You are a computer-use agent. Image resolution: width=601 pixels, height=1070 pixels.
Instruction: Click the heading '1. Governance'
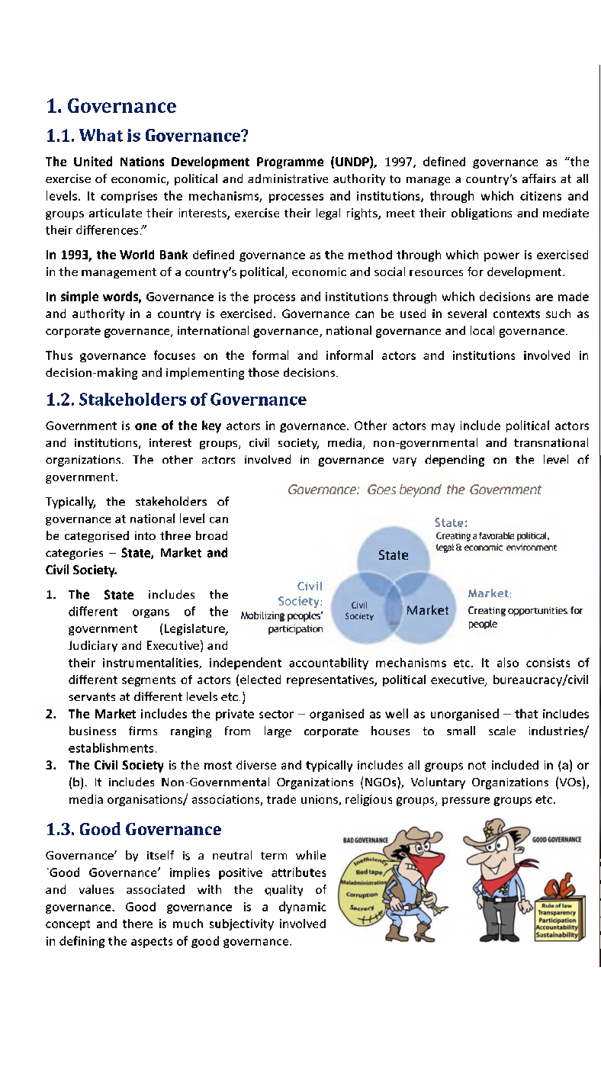(x=111, y=106)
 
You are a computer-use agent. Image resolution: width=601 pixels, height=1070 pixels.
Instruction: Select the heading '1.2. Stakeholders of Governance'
(x=176, y=400)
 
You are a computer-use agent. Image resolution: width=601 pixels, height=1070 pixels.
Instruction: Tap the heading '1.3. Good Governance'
(x=133, y=829)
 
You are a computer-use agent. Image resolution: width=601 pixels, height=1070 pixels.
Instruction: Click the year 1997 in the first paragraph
(x=400, y=162)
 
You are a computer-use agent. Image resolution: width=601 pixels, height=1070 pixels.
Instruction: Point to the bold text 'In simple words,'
(x=94, y=296)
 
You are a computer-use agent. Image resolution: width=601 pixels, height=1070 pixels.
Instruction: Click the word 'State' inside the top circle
(x=393, y=554)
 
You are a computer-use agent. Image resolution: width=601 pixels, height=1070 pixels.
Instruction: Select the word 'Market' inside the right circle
(x=427, y=610)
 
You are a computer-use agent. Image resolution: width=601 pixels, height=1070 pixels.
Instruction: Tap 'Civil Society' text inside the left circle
(x=359, y=611)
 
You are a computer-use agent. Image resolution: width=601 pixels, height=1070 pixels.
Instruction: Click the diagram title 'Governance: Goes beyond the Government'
(x=414, y=490)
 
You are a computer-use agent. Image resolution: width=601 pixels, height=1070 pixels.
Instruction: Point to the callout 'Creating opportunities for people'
(x=524, y=617)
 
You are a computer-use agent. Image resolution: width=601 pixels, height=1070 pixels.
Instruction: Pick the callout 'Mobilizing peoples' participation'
(x=282, y=622)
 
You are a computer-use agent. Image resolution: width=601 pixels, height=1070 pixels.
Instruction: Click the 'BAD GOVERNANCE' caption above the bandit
(x=366, y=839)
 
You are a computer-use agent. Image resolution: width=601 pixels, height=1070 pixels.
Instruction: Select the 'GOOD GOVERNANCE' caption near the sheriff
(x=557, y=839)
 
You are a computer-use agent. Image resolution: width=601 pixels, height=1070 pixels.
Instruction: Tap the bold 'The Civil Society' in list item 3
(x=116, y=765)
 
